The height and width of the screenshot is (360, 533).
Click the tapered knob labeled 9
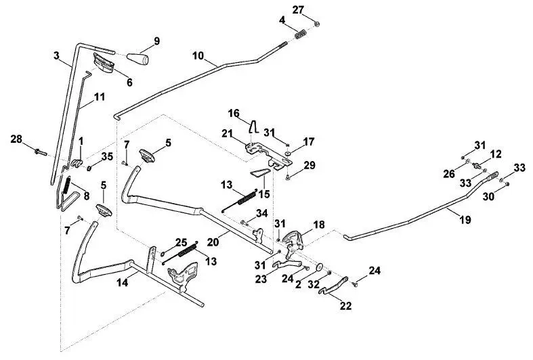click(138, 59)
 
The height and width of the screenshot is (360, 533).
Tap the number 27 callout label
click(298, 9)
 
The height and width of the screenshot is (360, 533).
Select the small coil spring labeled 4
click(301, 35)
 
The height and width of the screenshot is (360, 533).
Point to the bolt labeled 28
click(41, 152)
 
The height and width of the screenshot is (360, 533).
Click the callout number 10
click(198, 55)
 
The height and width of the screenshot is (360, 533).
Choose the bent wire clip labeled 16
click(253, 127)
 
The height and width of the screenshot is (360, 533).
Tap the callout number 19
click(465, 220)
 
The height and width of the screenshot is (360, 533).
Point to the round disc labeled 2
click(320, 267)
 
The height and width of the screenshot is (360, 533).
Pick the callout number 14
click(123, 282)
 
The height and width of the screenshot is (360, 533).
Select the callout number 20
click(213, 243)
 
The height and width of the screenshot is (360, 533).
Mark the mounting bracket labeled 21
click(269, 154)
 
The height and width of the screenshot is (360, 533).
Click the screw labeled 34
click(244, 223)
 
